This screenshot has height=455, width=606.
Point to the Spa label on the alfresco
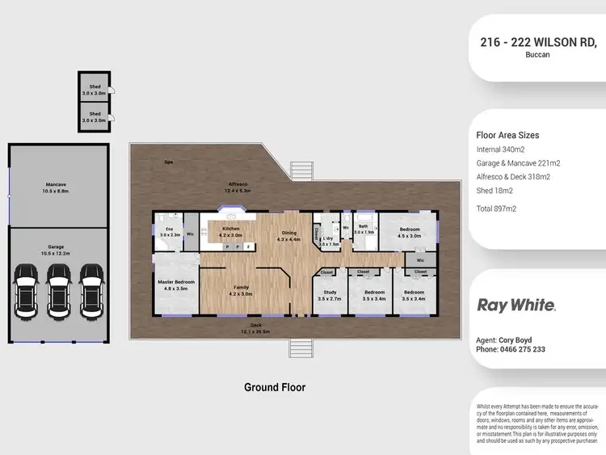(169, 162)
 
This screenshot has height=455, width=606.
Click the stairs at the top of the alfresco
(301, 171)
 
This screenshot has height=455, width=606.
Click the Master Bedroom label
(175, 282)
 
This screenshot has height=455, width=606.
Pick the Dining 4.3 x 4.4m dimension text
(288, 239)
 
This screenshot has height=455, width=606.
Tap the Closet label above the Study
(328, 272)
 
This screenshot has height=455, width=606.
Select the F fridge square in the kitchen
(249, 246)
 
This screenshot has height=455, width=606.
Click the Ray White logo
(516, 305)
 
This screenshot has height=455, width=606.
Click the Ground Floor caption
(275, 387)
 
